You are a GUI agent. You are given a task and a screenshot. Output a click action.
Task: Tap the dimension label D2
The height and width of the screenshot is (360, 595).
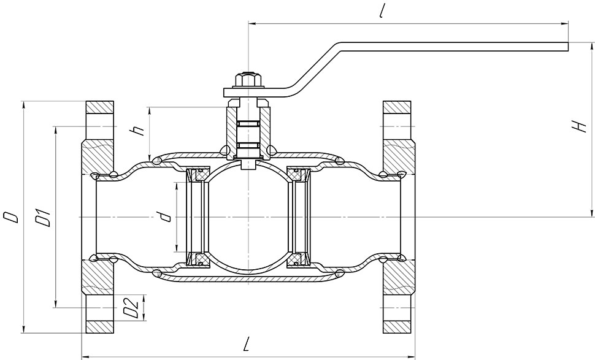tap(131, 308)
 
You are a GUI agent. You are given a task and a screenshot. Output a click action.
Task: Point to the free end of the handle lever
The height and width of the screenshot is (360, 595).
tap(567, 46)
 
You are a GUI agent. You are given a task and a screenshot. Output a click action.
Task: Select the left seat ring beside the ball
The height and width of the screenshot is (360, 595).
tap(197, 216)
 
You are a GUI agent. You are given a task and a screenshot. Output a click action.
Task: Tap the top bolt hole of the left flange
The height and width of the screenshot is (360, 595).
tap(100, 126)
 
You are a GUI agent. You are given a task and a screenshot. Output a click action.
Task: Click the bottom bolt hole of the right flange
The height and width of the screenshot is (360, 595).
tap(397, 308)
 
